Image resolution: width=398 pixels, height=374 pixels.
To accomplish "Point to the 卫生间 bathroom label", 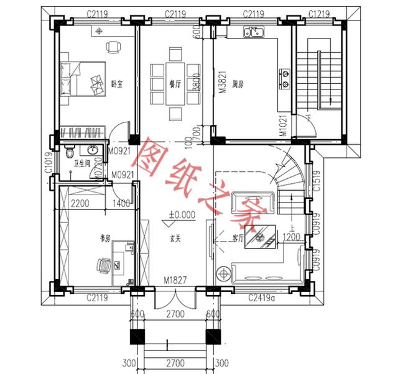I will point(83,163).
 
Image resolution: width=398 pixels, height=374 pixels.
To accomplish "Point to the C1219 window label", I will point(319,13).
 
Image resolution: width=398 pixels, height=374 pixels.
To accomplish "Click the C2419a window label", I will point(263,298).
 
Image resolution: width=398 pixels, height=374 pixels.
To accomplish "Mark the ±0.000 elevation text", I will point(182,216).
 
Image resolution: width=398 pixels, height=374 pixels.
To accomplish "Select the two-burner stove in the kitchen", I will point(286,75).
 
